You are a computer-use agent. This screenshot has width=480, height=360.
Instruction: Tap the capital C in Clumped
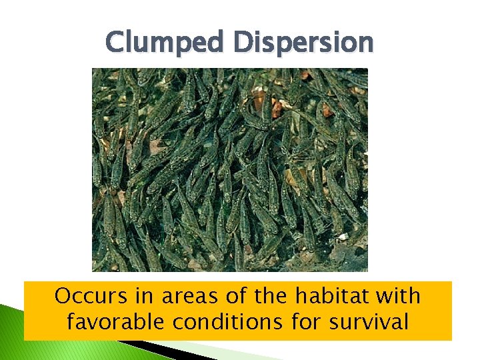click(x=115, y=43)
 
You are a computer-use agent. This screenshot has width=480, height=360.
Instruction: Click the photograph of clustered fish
click(x=229, y=169)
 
